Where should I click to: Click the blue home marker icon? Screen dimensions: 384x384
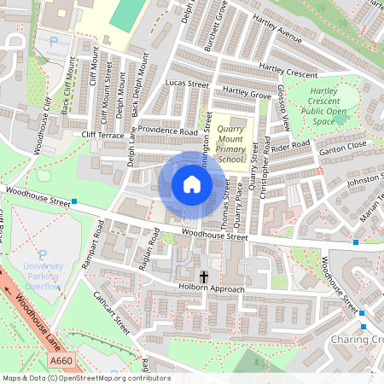click(x=192, y=184)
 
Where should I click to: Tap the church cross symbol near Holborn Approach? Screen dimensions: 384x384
click(x=204, y=276)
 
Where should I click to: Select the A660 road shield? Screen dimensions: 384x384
click(x=61, y=363)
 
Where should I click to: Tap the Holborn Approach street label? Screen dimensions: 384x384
click(x=211, y=289)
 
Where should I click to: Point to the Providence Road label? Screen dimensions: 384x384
click(x=168, y=132)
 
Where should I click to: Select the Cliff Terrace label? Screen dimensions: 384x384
click(x=103, y=135)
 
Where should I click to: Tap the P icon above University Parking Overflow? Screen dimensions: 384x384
click(x=43, y=254)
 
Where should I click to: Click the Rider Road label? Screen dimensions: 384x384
click(x=291, y=145)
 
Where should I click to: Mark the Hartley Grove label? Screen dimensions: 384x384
click(x=246, y=92)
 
